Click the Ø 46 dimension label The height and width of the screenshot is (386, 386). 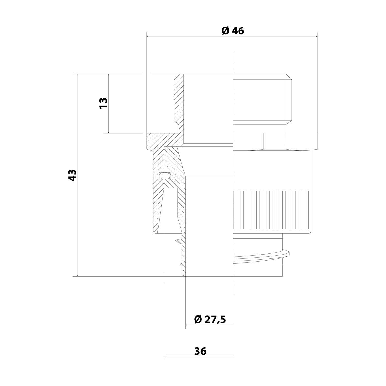pos(233,31)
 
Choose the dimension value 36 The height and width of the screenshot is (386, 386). pos(200,351)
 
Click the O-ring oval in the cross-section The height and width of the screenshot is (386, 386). pos(165,176)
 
